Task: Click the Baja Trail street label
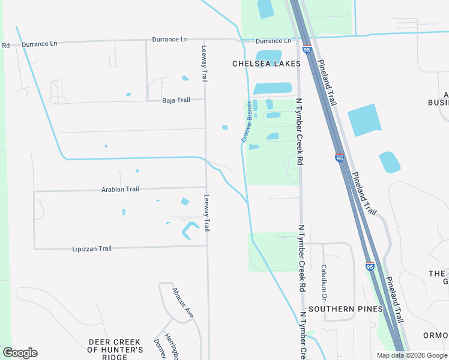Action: pos(176,100)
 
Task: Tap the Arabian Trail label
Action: pos(120,189)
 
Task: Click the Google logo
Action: pos(20,353)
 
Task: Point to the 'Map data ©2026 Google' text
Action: pos(411,355)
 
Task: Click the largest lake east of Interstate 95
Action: pos(364,119)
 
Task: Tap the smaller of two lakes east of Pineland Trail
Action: pos(390,162)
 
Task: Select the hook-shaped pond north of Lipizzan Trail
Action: pos(190,230)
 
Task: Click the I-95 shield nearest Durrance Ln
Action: pos(307,50)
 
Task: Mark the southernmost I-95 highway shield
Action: pos(370,266)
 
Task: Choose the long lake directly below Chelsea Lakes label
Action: pos(273,89)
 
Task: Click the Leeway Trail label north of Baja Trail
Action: pos(205,64)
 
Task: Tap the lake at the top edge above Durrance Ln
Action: pos(264,8)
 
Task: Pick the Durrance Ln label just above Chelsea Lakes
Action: pos(273,41)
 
